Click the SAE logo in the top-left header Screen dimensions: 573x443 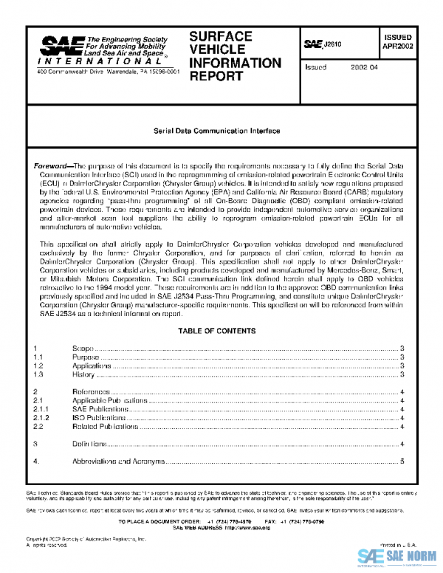61,47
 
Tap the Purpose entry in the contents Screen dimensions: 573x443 86,357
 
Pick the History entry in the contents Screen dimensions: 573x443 83,374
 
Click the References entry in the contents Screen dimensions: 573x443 92,391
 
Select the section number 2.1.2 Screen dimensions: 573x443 43,417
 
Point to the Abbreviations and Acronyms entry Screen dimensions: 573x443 118,462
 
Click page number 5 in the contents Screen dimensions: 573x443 402,462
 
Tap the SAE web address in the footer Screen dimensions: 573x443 221,528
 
